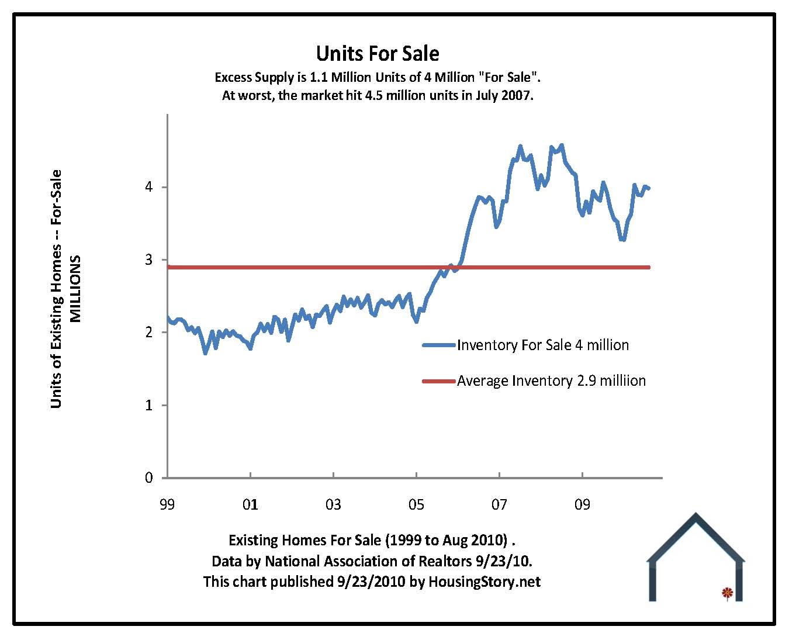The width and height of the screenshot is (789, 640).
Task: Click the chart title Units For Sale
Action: coord(378,54)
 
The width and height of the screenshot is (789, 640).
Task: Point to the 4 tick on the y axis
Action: coord(149,187)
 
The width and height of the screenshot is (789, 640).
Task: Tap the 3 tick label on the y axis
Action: coord(149,260)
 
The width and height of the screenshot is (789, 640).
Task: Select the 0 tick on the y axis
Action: coord(149,478)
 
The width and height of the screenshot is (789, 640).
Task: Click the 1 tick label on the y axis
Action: coord(149,405)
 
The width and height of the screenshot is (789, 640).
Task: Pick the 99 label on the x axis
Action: coord(167,504)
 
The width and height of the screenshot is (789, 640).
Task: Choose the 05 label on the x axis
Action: coord(416,504)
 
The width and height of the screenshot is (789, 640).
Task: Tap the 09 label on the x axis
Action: coord(582,504)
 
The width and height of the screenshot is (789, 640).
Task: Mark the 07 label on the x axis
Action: coord(499,504)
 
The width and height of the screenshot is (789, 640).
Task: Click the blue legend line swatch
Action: coord(438,345)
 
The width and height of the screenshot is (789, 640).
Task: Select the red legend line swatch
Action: coord(438,381)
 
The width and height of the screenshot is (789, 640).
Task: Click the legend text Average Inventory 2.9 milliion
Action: coord(551,381)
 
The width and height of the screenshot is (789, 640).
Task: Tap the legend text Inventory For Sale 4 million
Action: coord(543,345)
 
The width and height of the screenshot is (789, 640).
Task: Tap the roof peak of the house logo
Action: coord(695,516)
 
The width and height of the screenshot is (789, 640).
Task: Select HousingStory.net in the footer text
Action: coord(485,582)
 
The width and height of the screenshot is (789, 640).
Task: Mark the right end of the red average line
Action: coord(649,267)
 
